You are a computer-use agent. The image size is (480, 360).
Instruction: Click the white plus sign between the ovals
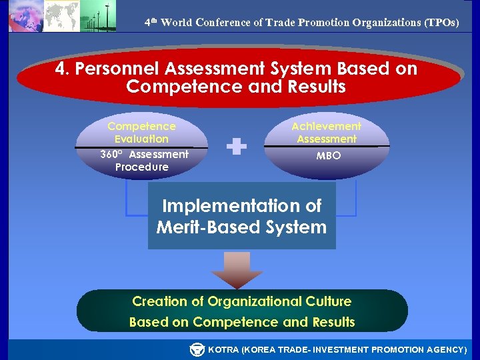tap(237, 147)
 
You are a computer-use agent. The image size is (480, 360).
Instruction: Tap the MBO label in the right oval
tap(327, 155)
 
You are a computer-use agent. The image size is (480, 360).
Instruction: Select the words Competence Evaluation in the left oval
tap(141, 132)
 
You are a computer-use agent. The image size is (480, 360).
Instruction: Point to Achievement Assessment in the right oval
tap(327, 132)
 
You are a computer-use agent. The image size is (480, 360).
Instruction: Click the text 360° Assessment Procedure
tap(143, 161)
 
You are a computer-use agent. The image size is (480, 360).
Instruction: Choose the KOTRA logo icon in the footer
tap(197, 349)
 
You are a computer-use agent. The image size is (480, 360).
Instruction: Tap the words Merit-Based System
tap(241, 227)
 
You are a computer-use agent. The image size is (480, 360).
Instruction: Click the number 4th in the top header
tap(151, 22)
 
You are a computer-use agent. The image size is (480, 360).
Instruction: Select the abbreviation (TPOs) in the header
tap(441, 22)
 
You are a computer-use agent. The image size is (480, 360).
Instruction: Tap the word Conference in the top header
tap(223, 22)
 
